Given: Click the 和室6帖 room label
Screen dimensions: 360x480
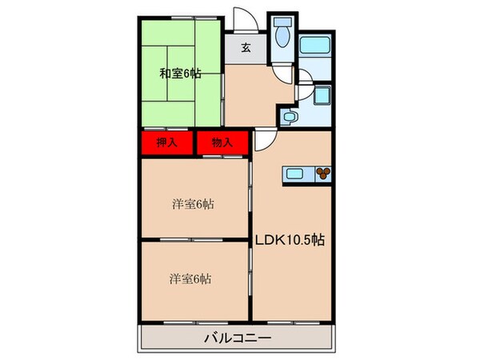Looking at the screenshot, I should point(180,74).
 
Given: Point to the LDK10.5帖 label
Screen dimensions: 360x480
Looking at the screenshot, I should point(289,238).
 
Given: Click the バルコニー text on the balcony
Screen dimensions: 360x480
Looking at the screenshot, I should point(237,338).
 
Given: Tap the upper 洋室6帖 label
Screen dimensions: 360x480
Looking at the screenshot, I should point(193,204).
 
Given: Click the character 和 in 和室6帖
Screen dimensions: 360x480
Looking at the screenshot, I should point(164,74).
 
